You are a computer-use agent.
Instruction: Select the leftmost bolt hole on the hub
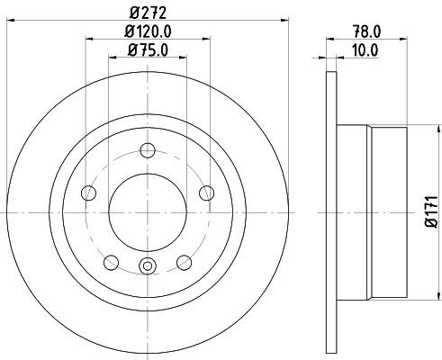[x=88, y=193]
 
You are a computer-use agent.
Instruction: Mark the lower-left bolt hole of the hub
[x=112, y=262]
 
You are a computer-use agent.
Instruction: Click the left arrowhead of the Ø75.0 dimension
[x=112, y=59]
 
